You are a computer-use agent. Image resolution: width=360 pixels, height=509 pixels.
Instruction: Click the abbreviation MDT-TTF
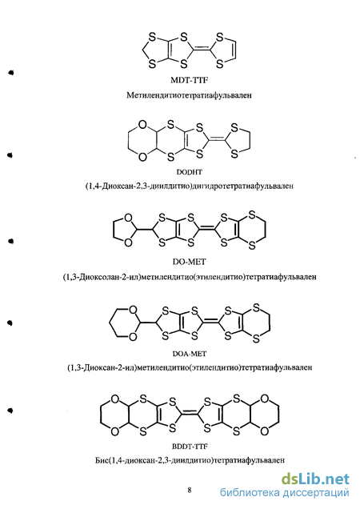coord(189,80)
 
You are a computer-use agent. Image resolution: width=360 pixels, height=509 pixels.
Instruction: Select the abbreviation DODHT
coord(189,172)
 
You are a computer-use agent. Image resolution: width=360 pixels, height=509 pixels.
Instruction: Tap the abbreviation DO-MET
coord(190,262)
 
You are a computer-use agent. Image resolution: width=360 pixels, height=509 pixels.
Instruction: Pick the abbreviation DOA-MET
coord(190,353)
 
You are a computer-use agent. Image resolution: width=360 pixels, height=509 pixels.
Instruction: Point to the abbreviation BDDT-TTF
coord(190,447)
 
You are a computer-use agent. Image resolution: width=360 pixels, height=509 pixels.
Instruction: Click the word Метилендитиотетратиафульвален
coord(189,95)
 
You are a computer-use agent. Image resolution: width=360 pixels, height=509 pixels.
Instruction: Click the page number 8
coord(190,490)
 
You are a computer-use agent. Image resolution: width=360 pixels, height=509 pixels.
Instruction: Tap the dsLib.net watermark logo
coord(315,479)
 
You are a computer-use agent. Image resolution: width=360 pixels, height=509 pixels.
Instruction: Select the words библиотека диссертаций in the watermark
coord(284,493)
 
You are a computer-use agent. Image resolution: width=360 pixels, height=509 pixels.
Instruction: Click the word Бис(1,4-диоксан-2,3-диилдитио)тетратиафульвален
coord(190,460)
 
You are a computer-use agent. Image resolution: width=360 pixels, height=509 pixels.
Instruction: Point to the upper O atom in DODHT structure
coord(142,125)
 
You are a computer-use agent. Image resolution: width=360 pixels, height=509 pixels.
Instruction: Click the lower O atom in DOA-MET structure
coord(133,337)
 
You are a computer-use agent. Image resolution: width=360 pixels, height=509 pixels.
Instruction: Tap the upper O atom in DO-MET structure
coord(129,218)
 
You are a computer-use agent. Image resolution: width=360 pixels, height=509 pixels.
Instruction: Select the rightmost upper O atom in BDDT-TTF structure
coord(265,399)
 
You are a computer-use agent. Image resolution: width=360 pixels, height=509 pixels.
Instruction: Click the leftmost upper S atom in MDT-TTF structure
coord(152,37)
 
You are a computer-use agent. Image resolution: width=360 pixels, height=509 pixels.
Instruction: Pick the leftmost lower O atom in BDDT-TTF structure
coord(115,431)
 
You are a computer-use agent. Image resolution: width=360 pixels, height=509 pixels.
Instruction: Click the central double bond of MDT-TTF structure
coord(202,50)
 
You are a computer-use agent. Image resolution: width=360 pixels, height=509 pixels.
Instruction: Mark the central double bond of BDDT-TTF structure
coord(190,415)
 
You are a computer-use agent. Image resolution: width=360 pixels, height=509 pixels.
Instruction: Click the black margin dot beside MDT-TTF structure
coord(11,72)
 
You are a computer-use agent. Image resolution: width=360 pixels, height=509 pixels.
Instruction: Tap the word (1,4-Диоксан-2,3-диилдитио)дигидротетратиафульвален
coord(190,186)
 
